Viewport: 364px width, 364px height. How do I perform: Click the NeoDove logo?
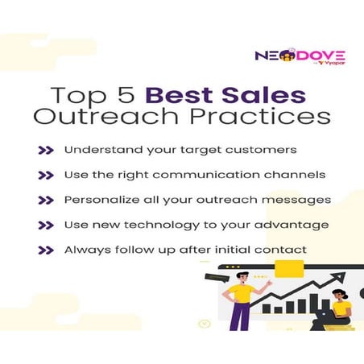[x=290, y=56]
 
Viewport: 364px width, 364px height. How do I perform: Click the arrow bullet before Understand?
[x=46, y=150]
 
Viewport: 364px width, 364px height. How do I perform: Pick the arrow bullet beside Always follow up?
[x=46, y=250]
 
